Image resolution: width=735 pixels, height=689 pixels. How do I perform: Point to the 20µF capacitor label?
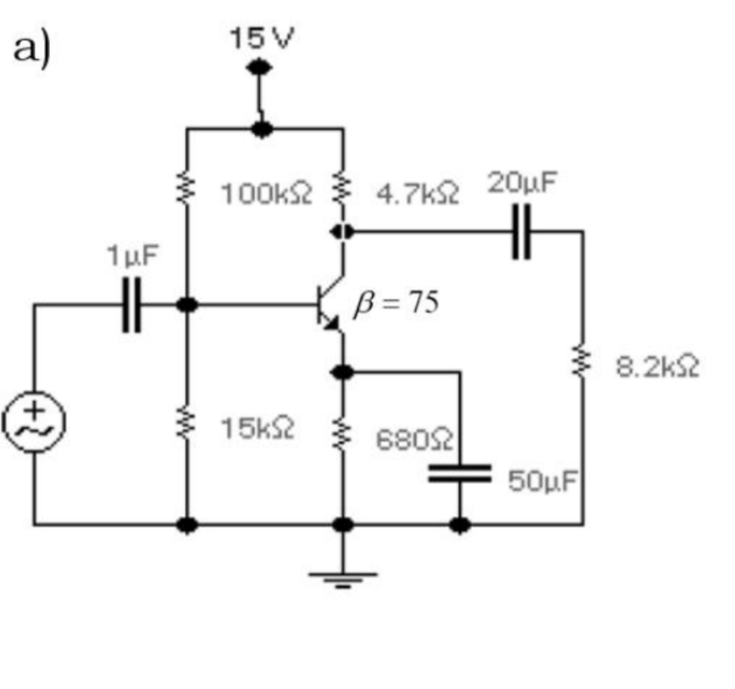[x=521, y=182]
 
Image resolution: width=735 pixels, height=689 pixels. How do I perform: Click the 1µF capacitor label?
[x=132, y=256]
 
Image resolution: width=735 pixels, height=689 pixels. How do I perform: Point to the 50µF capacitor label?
[x=542, y=482]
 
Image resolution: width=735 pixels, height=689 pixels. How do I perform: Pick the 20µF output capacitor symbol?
[x=521, y=232]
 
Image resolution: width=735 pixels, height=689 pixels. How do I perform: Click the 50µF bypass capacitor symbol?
[x=459, y=473]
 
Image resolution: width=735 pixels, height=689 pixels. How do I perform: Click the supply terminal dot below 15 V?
[x=260, y=69]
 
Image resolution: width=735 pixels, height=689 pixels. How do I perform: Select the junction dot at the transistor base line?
[x=187, y=305]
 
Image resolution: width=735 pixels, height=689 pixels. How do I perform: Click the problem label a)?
[x=33, y=50]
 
